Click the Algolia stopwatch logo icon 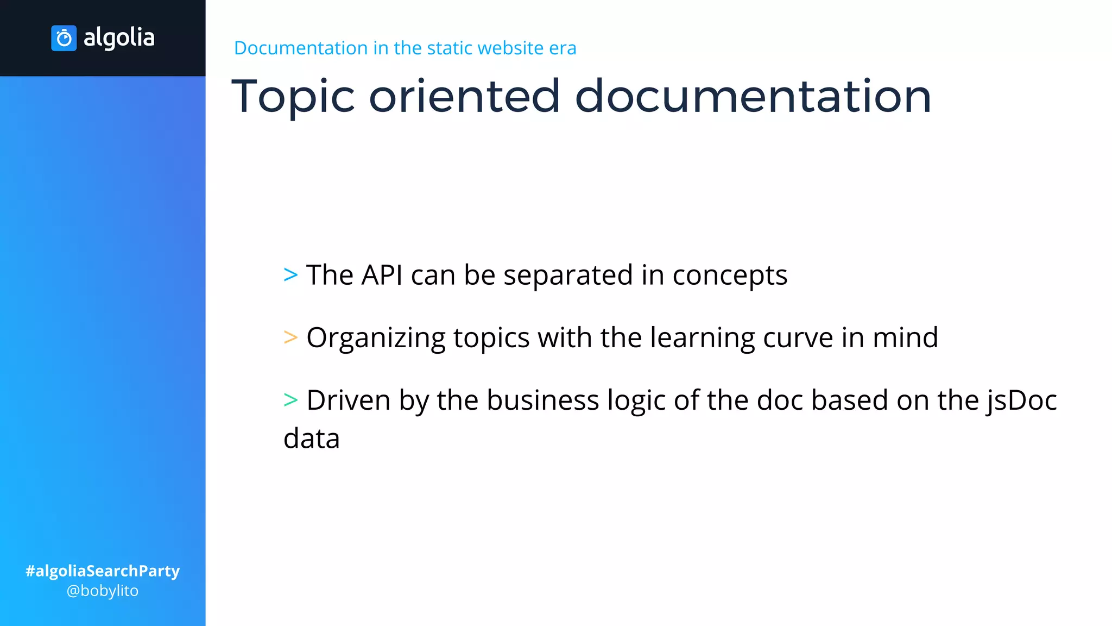click(64, 38)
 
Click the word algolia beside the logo click(119, 38)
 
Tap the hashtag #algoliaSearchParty click(103, 571)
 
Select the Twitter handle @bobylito click(103, 591)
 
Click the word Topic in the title click(293, 97)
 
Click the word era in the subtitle click(563, 48)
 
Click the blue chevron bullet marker click(290, 275)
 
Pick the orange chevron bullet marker click(290, 337)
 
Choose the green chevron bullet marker click(290, 400)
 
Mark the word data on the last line click(312, 439)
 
